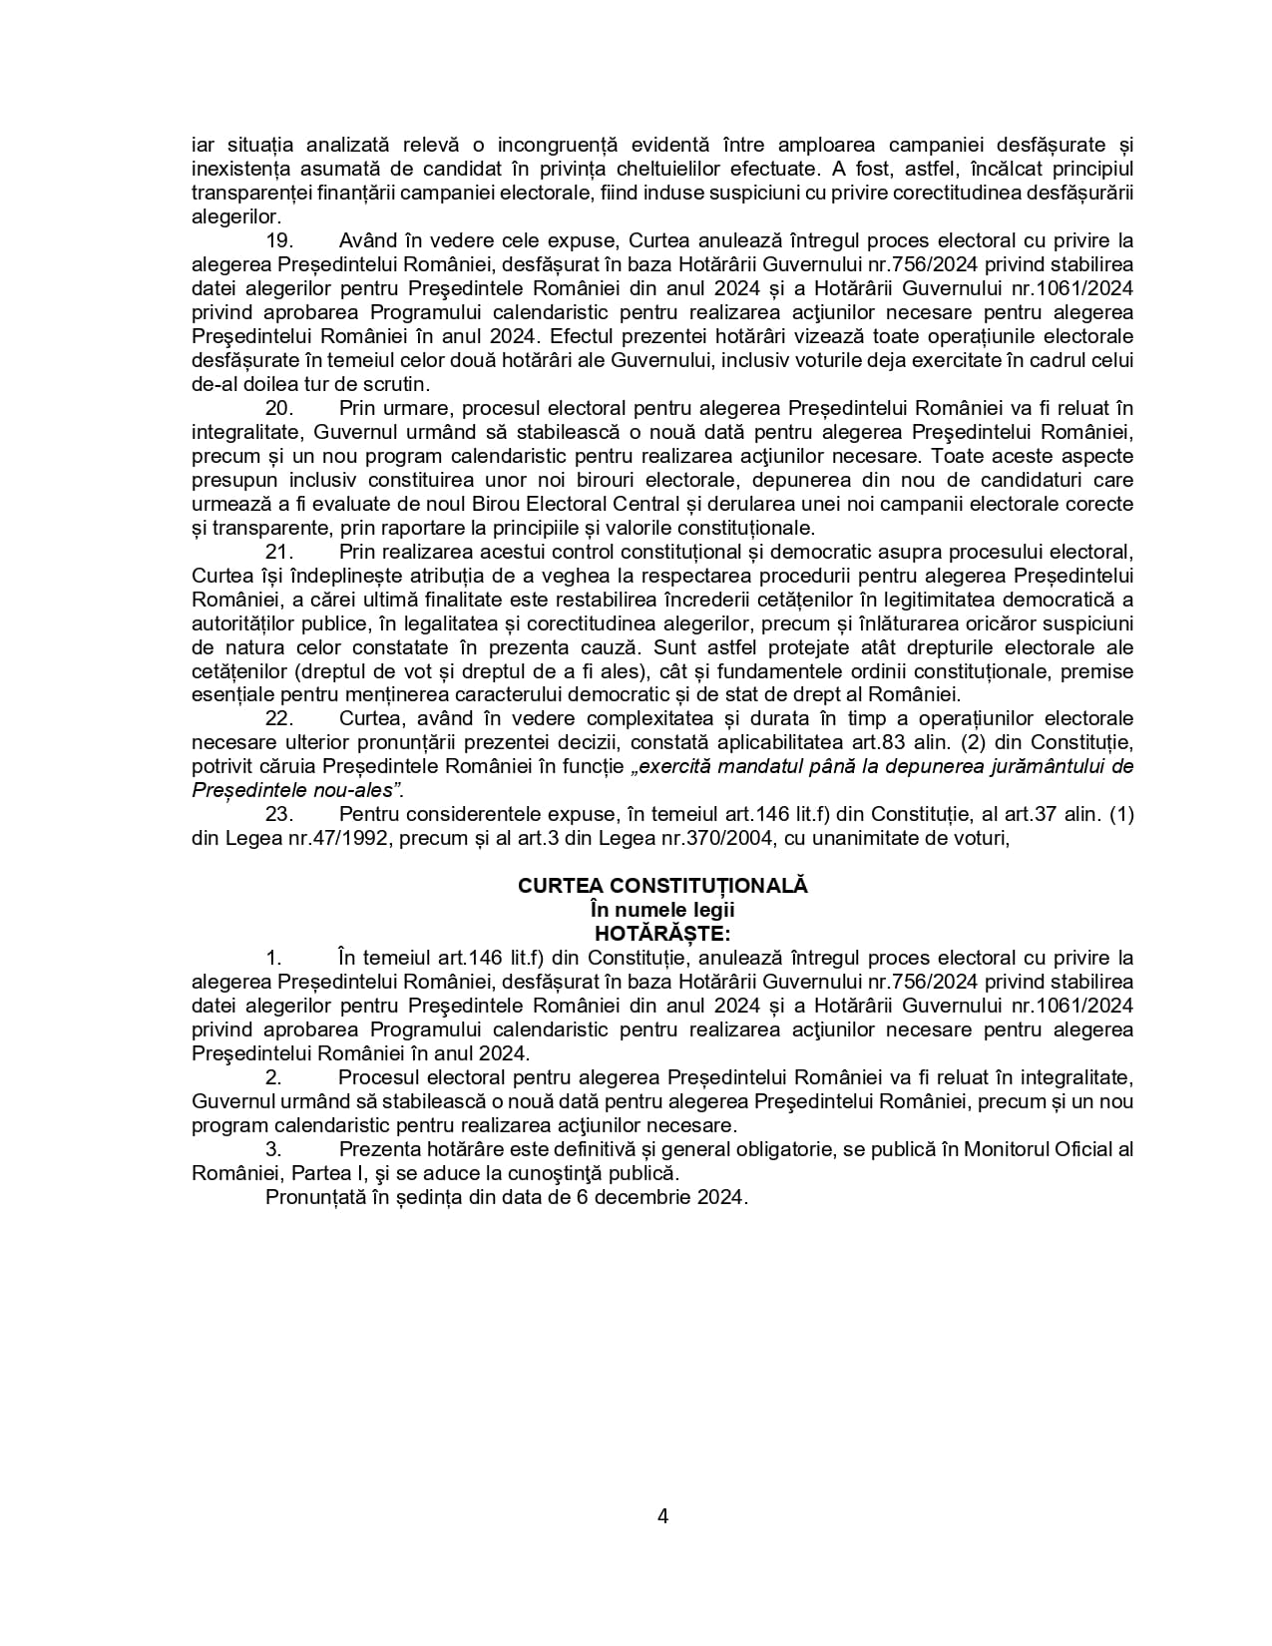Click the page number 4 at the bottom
tap(663, 1516)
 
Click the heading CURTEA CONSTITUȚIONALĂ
tap(662, 886)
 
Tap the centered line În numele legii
tap(662, 910)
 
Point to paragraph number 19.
tap(278, 241)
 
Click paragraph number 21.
tap(278, 552)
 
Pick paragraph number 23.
tap(278, 814)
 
